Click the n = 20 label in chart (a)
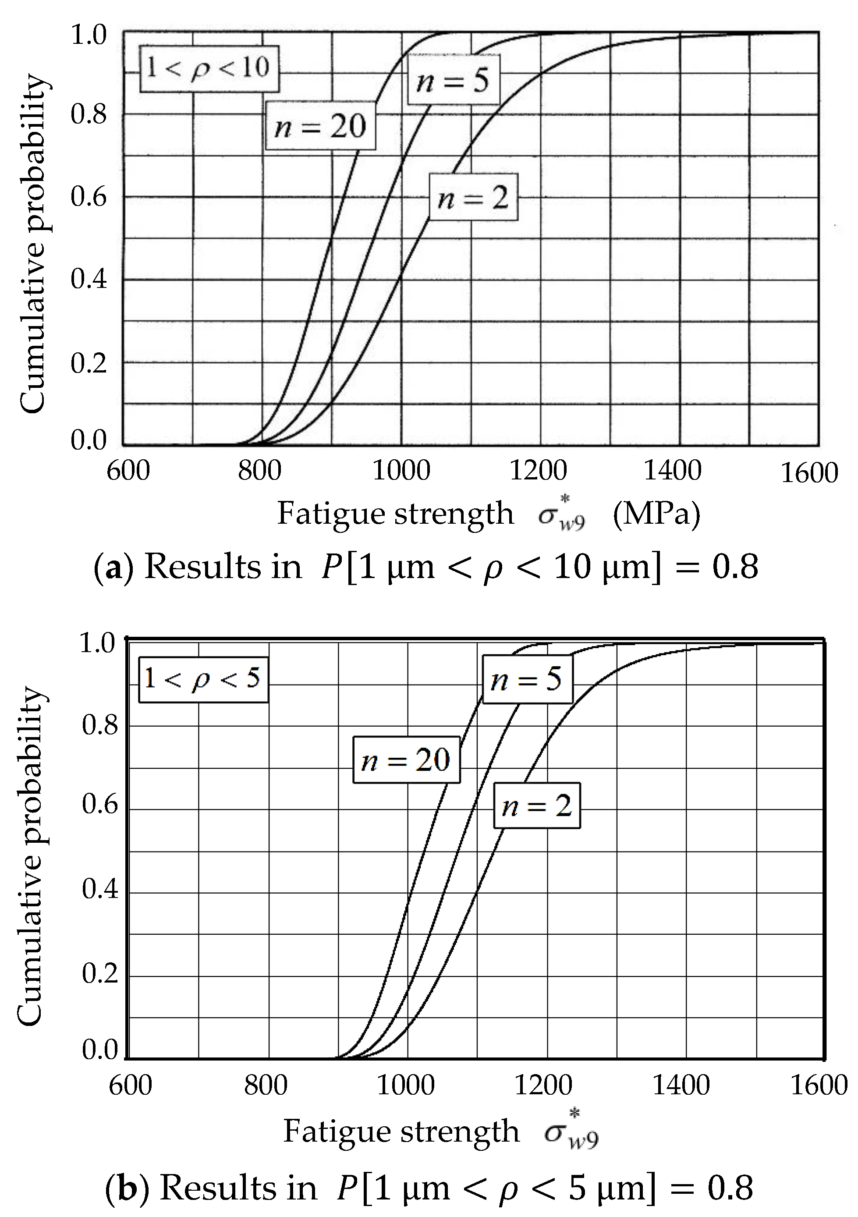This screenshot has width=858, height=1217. click(321, 126)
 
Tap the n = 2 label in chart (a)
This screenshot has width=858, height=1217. click(473, 197)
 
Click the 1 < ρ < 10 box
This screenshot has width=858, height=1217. click(209, 68)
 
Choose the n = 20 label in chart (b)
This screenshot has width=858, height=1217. click(406, 760)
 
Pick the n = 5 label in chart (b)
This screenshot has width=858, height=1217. click(527, 679)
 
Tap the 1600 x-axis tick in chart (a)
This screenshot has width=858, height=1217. click(809, 473)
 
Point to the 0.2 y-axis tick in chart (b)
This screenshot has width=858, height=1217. click(99, 974)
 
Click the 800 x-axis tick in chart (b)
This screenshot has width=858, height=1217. click(266, 1085)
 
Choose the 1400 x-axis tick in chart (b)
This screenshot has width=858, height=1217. click(681, 1085)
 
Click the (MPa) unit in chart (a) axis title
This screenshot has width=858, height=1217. click(656, 514)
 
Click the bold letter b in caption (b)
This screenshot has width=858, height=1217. click(128, 1188)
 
